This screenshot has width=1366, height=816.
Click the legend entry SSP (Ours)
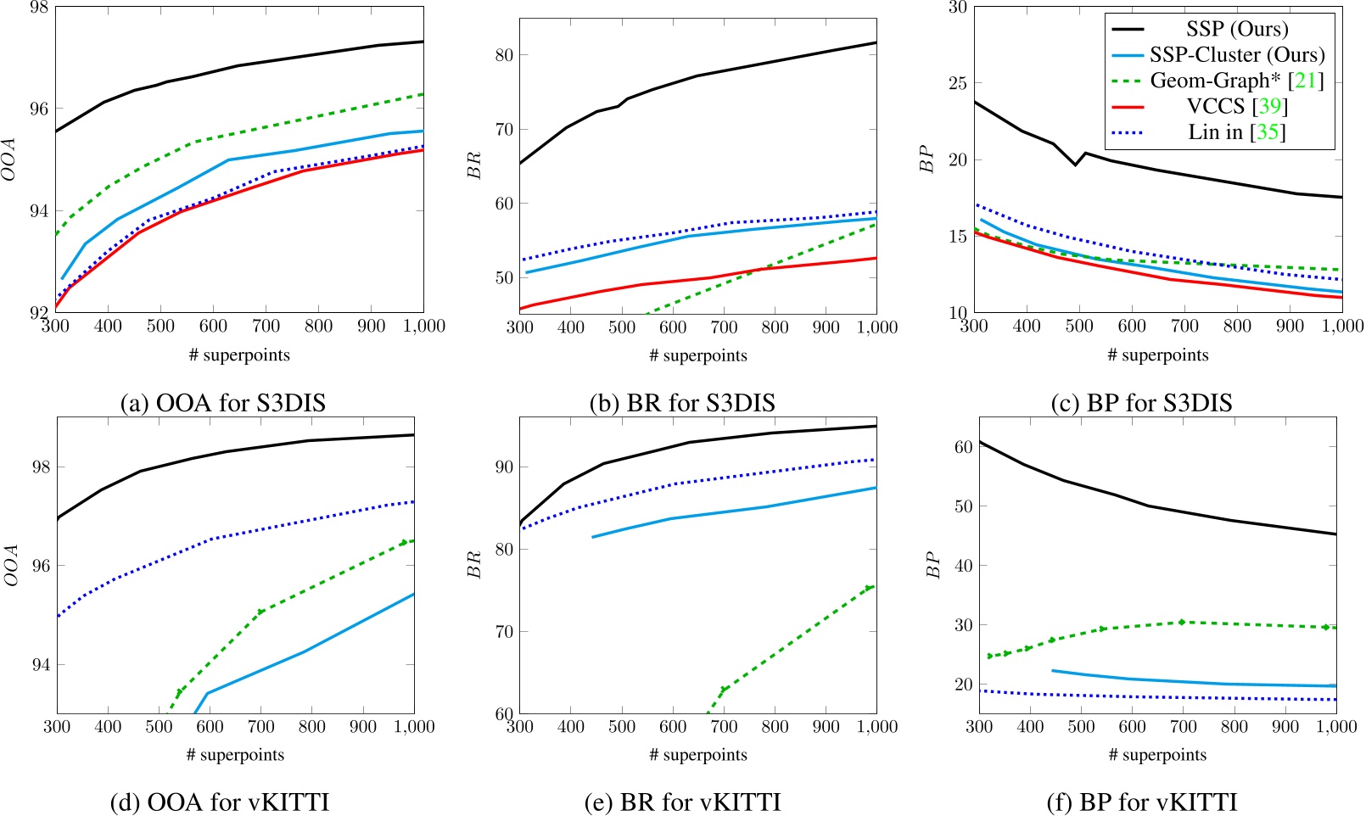click(x=1237, y=29)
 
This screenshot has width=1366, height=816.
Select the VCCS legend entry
click(x=1237, y=106)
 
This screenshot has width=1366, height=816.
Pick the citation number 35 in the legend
click(x=1267, y=132)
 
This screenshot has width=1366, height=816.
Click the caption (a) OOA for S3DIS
click(x=222, y=402)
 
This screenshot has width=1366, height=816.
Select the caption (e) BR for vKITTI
click(x=682, y=802)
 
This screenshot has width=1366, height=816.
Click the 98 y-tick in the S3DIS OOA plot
click(x=39, y=8)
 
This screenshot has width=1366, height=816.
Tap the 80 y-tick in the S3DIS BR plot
click(x=504, y=55)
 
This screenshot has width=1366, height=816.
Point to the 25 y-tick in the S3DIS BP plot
click(x=957, y=83)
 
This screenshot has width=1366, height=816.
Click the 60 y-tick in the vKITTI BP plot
click(x=963, y=447)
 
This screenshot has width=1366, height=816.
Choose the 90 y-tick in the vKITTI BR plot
click(x=504, y=467)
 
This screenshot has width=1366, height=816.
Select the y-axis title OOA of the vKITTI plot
click(x=11, y=564)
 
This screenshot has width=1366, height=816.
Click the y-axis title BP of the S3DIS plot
click(x=927, y=159)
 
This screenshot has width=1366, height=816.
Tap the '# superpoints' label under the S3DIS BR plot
click(x=697, y=355)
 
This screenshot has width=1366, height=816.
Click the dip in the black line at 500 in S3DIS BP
click(x=1075, y=165)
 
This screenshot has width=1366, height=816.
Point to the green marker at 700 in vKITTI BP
click(x=1181, y=623)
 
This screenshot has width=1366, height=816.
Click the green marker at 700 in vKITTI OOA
click(x=260, y=612)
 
